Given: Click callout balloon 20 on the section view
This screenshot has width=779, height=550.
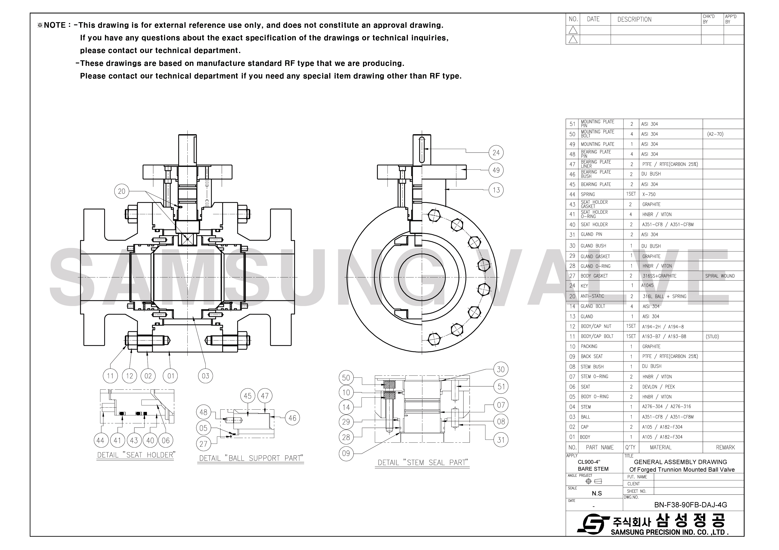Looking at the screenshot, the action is [121, 191].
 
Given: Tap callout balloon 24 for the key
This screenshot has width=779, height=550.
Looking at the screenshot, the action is [496, 153].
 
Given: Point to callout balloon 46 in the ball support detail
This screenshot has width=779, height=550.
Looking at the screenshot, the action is [292, 418].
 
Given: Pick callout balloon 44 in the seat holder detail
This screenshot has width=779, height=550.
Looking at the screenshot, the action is [100, 440].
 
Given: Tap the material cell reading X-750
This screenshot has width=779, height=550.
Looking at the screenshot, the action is [649, 194].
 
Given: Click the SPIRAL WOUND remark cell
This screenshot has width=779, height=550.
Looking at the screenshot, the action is [720, 276].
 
